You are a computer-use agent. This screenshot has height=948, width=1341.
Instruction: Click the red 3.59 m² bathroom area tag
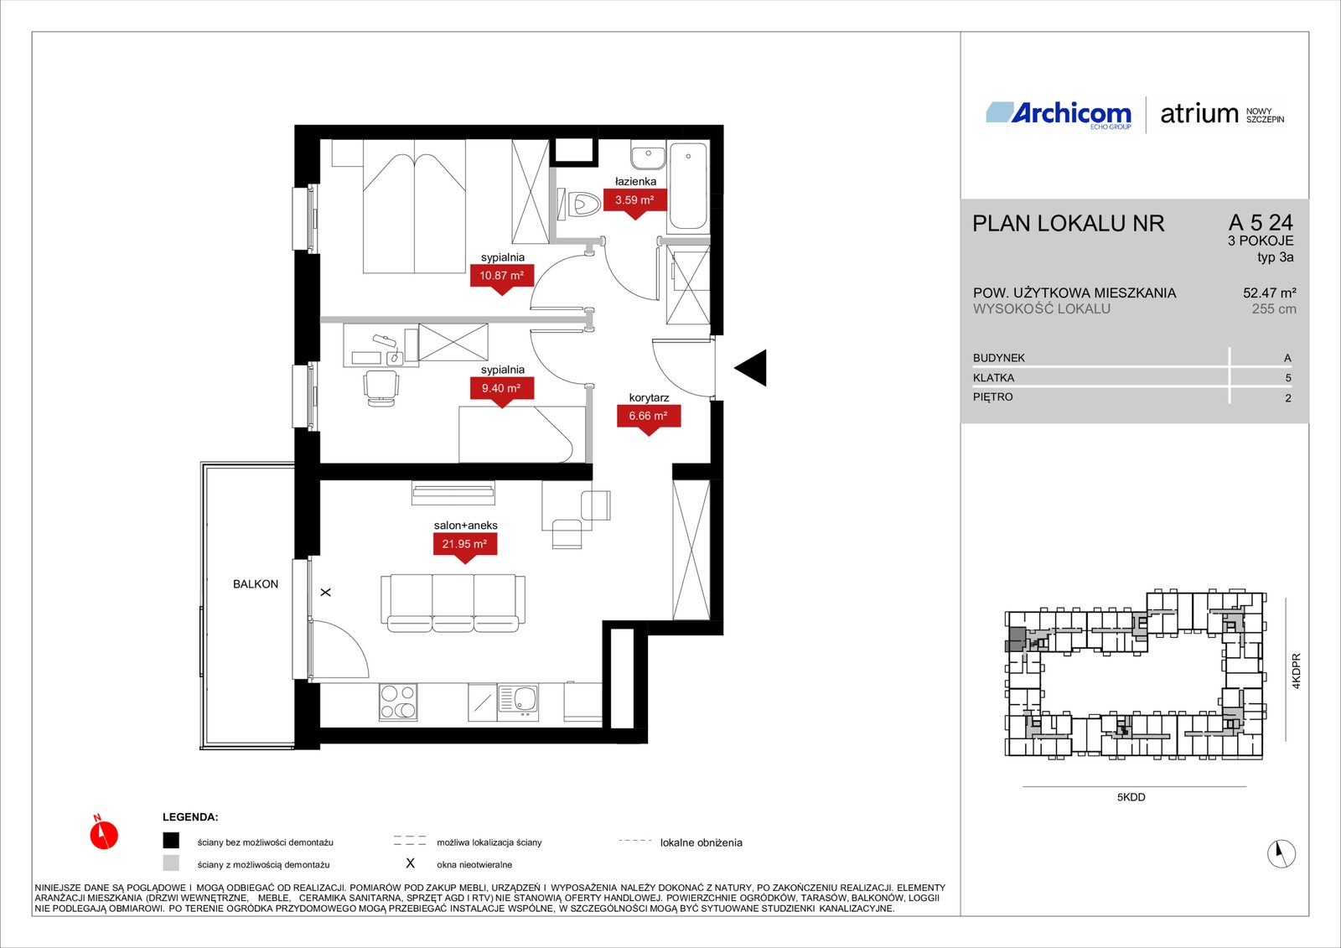click(634, 200)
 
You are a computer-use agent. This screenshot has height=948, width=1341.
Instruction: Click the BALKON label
click(256, 584)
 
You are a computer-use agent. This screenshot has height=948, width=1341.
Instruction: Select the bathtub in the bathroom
click(688, 185)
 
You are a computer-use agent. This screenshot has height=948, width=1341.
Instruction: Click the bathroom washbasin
click(648, 156)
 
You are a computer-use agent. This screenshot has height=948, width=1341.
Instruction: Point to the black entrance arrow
click(751, 368)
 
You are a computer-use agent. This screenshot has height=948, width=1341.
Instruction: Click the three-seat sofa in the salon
click(453, 604)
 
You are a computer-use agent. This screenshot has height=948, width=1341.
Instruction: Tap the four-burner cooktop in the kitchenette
click(398, 702)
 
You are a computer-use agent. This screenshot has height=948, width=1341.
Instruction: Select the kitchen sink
click(517, 702)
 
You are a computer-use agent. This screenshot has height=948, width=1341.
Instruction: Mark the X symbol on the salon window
click(326, 593)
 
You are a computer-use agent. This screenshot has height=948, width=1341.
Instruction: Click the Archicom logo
click(1059, 114)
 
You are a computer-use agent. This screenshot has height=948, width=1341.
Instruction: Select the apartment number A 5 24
click(1261, 223)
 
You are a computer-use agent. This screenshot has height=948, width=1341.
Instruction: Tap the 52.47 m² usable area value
click(1269, 293)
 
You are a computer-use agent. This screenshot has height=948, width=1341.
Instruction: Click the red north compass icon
click(104, 833)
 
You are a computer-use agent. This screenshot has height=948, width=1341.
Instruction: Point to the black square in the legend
click(171, 841)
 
